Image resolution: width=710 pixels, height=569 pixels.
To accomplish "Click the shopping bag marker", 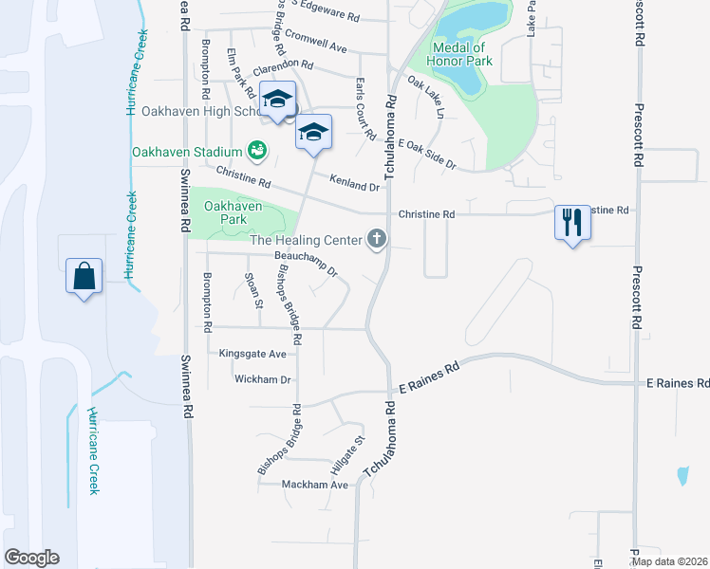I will click(x=84, y=276).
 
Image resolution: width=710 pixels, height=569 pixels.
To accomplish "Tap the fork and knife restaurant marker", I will click(x=571, y=224).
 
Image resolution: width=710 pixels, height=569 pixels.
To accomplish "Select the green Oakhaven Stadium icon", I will click(x=256, y=150).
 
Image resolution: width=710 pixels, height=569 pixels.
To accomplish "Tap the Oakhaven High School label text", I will click(x=199, y=111).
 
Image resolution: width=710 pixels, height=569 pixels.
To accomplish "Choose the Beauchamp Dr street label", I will click(x=307, y=257).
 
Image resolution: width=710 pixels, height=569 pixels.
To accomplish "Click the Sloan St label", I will click(x=252, y=289).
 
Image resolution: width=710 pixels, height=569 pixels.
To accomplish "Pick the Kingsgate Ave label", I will click(x=252, y=354).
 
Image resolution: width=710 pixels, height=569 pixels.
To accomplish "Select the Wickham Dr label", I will click(x=262, y=379).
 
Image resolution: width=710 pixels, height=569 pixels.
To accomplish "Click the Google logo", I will click(x=32, y=558).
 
